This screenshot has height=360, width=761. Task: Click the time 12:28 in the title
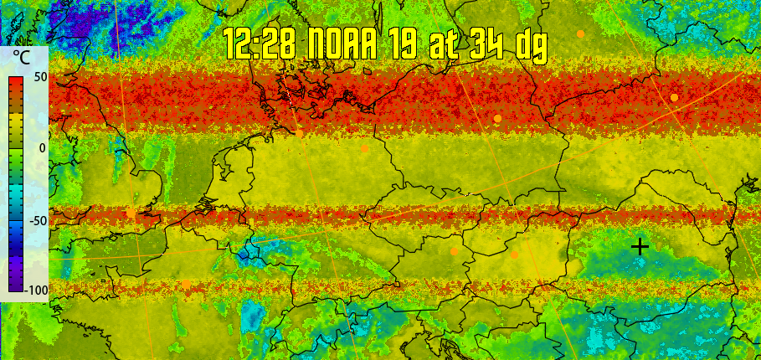[259, 43]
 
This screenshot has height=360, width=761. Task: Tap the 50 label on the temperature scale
[39, 76]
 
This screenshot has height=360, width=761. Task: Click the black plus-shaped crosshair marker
[640, 246]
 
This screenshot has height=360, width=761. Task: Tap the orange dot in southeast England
[131, 213]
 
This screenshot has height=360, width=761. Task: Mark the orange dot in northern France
[186, 284]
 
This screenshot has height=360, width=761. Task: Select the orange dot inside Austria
[455, 251]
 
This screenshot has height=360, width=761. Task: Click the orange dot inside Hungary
[515, 255]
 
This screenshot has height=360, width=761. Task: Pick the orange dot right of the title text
[580, 33]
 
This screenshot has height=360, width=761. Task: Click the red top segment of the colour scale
[16, 84]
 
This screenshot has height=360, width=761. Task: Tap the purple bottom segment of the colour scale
[16, 280]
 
